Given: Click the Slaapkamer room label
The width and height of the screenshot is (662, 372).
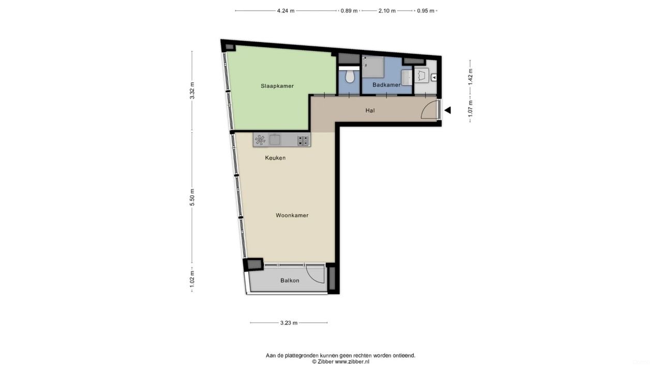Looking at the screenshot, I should point(277,86).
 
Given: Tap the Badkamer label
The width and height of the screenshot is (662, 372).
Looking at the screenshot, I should point(386,85).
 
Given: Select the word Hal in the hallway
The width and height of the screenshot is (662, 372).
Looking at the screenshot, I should point(370,110).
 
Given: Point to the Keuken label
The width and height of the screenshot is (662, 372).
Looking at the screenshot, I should point(275,158).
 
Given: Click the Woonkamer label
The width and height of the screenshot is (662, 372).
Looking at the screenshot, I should point(292,215).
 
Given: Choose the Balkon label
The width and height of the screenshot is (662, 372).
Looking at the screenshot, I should point(290,281).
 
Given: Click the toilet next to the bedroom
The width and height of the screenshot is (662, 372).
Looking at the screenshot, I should point(350,76).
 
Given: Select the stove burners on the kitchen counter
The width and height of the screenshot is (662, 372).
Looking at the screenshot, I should point(303,139).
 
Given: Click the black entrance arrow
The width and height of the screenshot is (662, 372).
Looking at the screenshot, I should point(447,110).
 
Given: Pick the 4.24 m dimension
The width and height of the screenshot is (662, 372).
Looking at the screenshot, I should point(285,10).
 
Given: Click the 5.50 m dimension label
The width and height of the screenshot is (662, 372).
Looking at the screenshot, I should point(192,197).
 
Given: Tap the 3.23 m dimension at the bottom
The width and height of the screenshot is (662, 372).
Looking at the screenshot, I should point(289,323).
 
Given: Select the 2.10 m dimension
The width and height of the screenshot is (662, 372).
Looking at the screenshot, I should point(387,10).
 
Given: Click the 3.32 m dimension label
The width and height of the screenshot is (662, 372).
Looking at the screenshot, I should point(192,90).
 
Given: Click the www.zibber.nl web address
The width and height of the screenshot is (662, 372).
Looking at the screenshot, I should point(352,362).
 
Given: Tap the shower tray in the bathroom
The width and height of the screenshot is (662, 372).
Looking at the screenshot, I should point(373,67).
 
